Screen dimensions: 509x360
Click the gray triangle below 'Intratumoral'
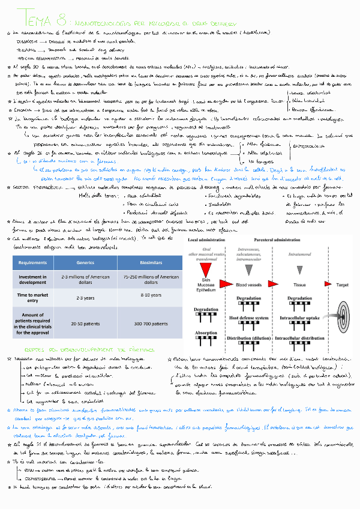299,265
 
